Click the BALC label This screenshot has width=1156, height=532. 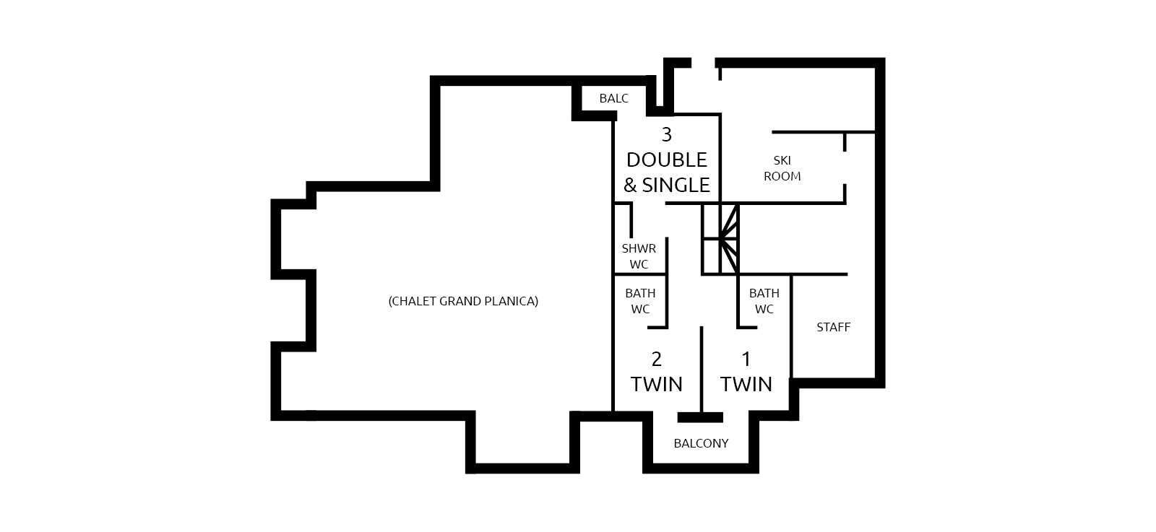(613, 98)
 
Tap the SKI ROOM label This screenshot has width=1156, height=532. (782, 169)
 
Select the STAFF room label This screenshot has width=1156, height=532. (834, 327)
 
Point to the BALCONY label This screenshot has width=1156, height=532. (701, 443)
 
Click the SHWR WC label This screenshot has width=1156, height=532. (639, 256)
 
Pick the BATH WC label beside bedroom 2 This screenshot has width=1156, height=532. (640, 301)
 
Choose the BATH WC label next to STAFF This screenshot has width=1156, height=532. (764, 301)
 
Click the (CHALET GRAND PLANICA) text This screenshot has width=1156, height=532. (463, 301)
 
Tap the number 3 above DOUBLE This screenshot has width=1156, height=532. (667, 134)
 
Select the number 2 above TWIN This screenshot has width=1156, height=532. (657, 359)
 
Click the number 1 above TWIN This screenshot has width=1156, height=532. (746, 359)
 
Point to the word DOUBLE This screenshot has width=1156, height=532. (667, 160)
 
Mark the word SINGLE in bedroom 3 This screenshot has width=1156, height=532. (676, 185)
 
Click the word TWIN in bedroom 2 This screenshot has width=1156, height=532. (657, 384)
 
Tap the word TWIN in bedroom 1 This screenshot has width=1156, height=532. (746, 384)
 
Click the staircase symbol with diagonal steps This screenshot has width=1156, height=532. (720, 238)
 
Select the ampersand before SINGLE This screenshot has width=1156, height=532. (630, 185)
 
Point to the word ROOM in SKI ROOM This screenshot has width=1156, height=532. (782, 176)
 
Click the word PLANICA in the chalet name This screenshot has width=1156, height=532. (513, 301)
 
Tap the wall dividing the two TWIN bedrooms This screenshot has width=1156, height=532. (702, 369)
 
